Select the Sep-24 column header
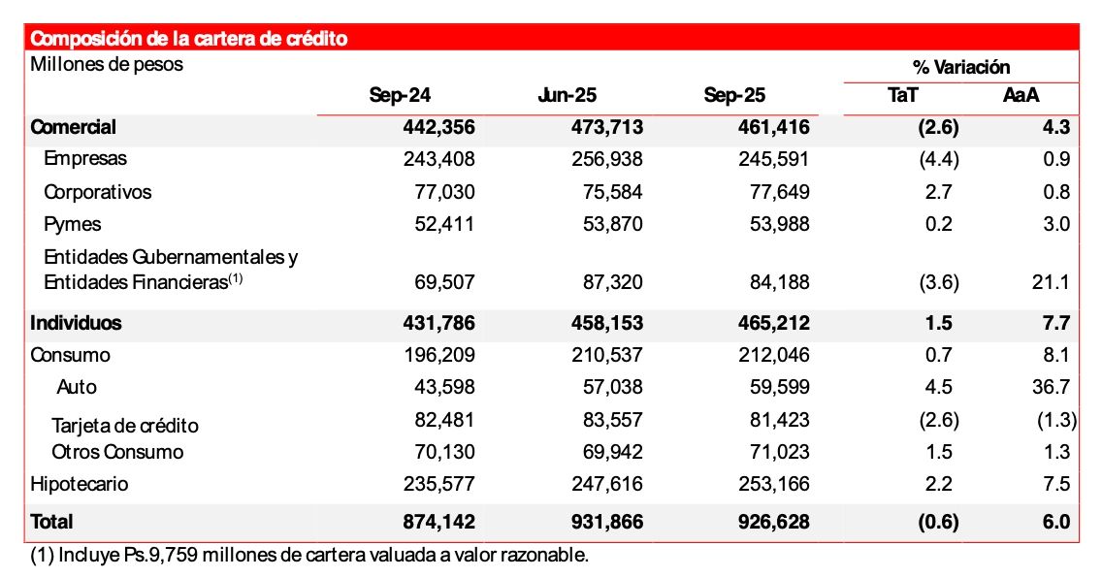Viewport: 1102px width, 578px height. click(400, 95)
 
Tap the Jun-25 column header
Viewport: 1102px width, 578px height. click(567, 95)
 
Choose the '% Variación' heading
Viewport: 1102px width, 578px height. click(961, 67)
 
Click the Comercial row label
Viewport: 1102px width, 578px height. click(74, 127)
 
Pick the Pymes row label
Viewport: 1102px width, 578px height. click(74, 224)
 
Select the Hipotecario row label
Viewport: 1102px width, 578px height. click(80, 484)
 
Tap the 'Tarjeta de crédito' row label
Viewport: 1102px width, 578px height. click(125, 426)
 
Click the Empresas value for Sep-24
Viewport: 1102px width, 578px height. click(439, 159)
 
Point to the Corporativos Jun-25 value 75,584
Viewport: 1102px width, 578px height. click(608, 192)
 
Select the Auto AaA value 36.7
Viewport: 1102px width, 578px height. click(1052, 387)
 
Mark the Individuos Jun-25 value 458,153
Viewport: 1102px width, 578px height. click(606, 323)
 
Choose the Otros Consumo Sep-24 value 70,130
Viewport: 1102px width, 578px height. click(441, 452)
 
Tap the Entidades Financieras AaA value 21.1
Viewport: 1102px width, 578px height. click(1052, 282)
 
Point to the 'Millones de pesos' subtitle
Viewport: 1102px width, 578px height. click(107, 65)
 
